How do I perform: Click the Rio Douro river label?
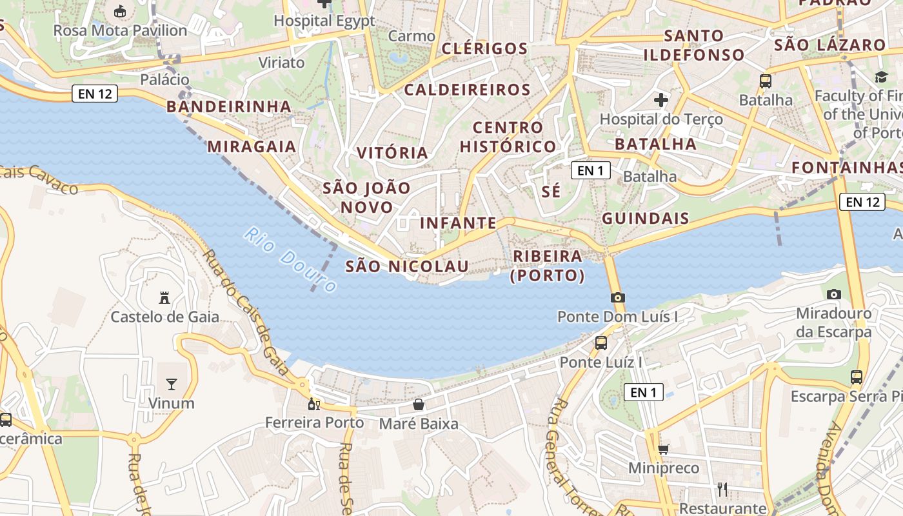[x=291, y=260]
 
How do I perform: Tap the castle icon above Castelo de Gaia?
[x=164, y=298]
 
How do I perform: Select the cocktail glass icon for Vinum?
[x=171, y=384]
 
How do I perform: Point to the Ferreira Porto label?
[x=315, y=422]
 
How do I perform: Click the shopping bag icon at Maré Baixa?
[x=419, y=404]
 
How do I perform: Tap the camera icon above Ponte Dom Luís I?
[x=618, y=297]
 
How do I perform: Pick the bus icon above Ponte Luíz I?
[x=601, y=342]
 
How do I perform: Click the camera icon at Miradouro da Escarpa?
[x=834, y=294]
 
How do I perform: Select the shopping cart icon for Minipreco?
[x=664, y=449]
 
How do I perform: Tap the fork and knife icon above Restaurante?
[x=722, y=490]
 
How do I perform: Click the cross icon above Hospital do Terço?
[x=661, y=100]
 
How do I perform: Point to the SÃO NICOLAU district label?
[x=407, y=266]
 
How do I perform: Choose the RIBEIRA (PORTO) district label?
[x=548, y=266]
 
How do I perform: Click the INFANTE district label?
[x=458, y=223]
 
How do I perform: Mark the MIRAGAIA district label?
[x=252, y=146]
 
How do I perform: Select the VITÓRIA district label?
[x=393, y=153]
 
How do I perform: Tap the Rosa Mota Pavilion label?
[x=120, y=30]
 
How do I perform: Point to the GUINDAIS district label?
[x=645, y=218]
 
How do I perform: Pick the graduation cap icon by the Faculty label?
[x=881, y=77]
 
